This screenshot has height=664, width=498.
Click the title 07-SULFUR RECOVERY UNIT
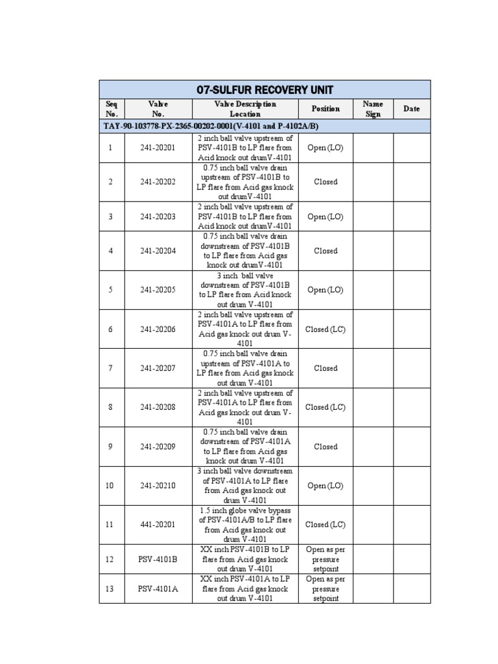coord(265,89)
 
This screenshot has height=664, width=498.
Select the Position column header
coord(325,109)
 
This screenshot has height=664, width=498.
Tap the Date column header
coord(412,109)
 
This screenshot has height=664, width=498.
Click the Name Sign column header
coord(373,109)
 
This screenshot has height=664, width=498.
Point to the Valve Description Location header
coord(245,109)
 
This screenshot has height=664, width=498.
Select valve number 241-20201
coord(158,148)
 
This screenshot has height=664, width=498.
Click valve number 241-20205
coord(158,290)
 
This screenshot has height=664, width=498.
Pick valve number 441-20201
coord(158,525)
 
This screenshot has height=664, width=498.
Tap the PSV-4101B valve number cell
coord(158,559)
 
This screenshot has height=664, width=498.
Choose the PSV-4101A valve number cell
coord(158,589)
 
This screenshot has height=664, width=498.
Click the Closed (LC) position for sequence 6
coord(325,329)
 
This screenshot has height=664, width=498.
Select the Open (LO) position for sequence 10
coord(325,486)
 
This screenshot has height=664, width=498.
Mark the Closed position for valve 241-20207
coord(325,368)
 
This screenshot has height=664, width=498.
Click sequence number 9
coord(111,447)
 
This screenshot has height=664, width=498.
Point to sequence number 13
coord(111,589)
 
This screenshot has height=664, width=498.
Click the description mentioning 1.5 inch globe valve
coord(245,525)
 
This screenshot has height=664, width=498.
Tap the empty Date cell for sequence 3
coord(412,217)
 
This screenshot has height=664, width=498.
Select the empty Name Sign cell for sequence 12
coord(373,559)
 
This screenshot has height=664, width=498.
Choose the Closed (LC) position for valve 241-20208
coord(325,407)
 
